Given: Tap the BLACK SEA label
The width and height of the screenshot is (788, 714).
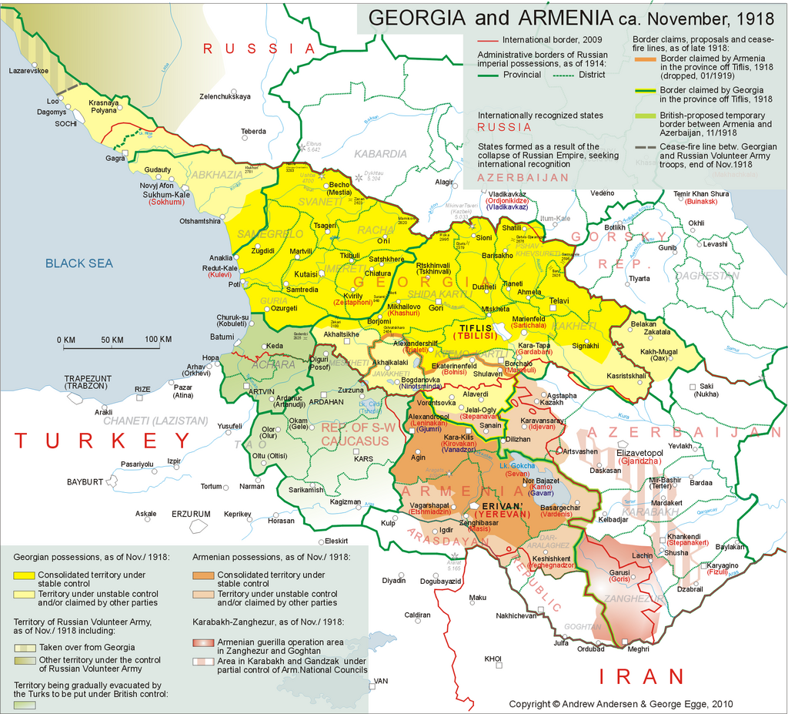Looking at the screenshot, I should [78, 263].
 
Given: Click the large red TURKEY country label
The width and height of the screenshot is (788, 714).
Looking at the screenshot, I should [102, 441].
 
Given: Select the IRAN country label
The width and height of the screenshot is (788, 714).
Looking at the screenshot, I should [641, 676].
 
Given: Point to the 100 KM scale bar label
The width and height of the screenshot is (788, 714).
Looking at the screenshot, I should [158, 340].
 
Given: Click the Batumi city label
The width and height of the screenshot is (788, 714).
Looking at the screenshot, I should [222, 337].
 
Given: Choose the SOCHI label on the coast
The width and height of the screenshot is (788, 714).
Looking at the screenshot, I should [65, 123].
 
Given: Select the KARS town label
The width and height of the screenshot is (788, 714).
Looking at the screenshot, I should [362, 459].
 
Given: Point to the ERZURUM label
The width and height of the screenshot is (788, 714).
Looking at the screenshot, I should [190, 514].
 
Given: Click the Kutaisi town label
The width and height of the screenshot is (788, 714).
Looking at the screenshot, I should [306, 274].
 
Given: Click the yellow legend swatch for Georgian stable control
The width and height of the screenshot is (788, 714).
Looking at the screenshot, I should [24, 575].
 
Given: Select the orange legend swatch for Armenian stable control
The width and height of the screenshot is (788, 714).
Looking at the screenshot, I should [203, 575].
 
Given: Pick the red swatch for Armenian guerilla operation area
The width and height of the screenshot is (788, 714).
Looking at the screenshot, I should [203, 642].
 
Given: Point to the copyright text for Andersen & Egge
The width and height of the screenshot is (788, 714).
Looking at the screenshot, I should [621, 704].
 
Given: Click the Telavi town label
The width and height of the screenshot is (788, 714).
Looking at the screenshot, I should [559, 300].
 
